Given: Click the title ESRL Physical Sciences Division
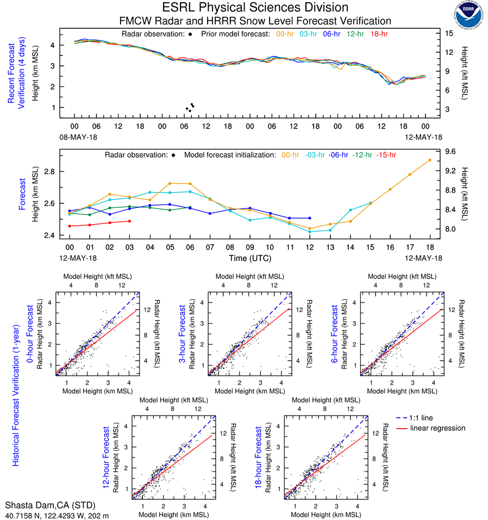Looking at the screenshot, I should pyautogui.click(x=255, y=8).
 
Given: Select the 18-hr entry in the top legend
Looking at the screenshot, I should pyautogui.click(x=379, y=34).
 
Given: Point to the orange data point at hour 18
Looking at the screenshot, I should pyautogui.click(x=430, y=160).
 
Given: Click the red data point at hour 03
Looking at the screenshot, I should pyautogui.click(x=129, y=221).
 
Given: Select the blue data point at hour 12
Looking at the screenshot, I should pyautogui.click(x=310, y=218).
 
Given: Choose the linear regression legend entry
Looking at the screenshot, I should pyautogui.click(x=437, y=428).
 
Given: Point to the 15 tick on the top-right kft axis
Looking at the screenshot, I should pyautogui.click(x=450, y=33).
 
